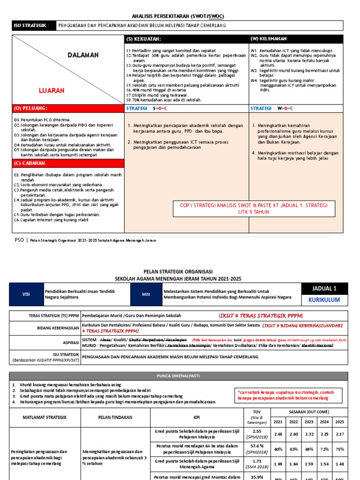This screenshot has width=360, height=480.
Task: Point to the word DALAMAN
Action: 83,55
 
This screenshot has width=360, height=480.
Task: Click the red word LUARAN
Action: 52,90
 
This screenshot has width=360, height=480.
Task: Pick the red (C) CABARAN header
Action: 30,163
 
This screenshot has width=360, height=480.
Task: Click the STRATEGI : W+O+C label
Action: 272,108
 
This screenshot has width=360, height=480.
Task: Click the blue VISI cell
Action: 26,294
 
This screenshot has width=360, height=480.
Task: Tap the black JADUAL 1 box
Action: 323,288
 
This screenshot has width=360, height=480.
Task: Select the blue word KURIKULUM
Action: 323,300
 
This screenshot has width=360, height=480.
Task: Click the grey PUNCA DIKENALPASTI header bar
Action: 180,375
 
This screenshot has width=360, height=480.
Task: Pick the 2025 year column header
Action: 339,421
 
